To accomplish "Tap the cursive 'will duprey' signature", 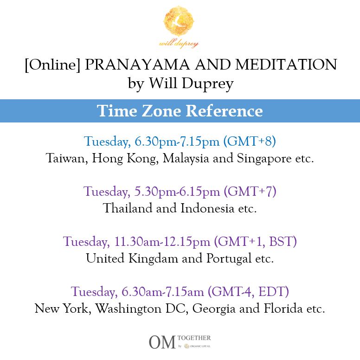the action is tap(179, 44).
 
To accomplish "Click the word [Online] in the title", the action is tap(52, 65).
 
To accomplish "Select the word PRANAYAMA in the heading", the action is tap(137, 64).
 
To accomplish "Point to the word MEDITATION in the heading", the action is tap(286, 64).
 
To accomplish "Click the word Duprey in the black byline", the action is tap(207, 84).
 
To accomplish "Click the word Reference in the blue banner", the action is tap(224, 111).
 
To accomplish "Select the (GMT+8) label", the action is tap(250, 141).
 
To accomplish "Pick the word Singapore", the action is tap(264, 159).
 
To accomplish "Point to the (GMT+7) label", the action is tap(250, 191).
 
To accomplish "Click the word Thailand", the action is tap(128, 208).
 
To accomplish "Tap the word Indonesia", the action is tap(207, 208).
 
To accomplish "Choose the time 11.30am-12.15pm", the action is tap(162, 242).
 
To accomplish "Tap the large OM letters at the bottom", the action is tap(162, 342).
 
